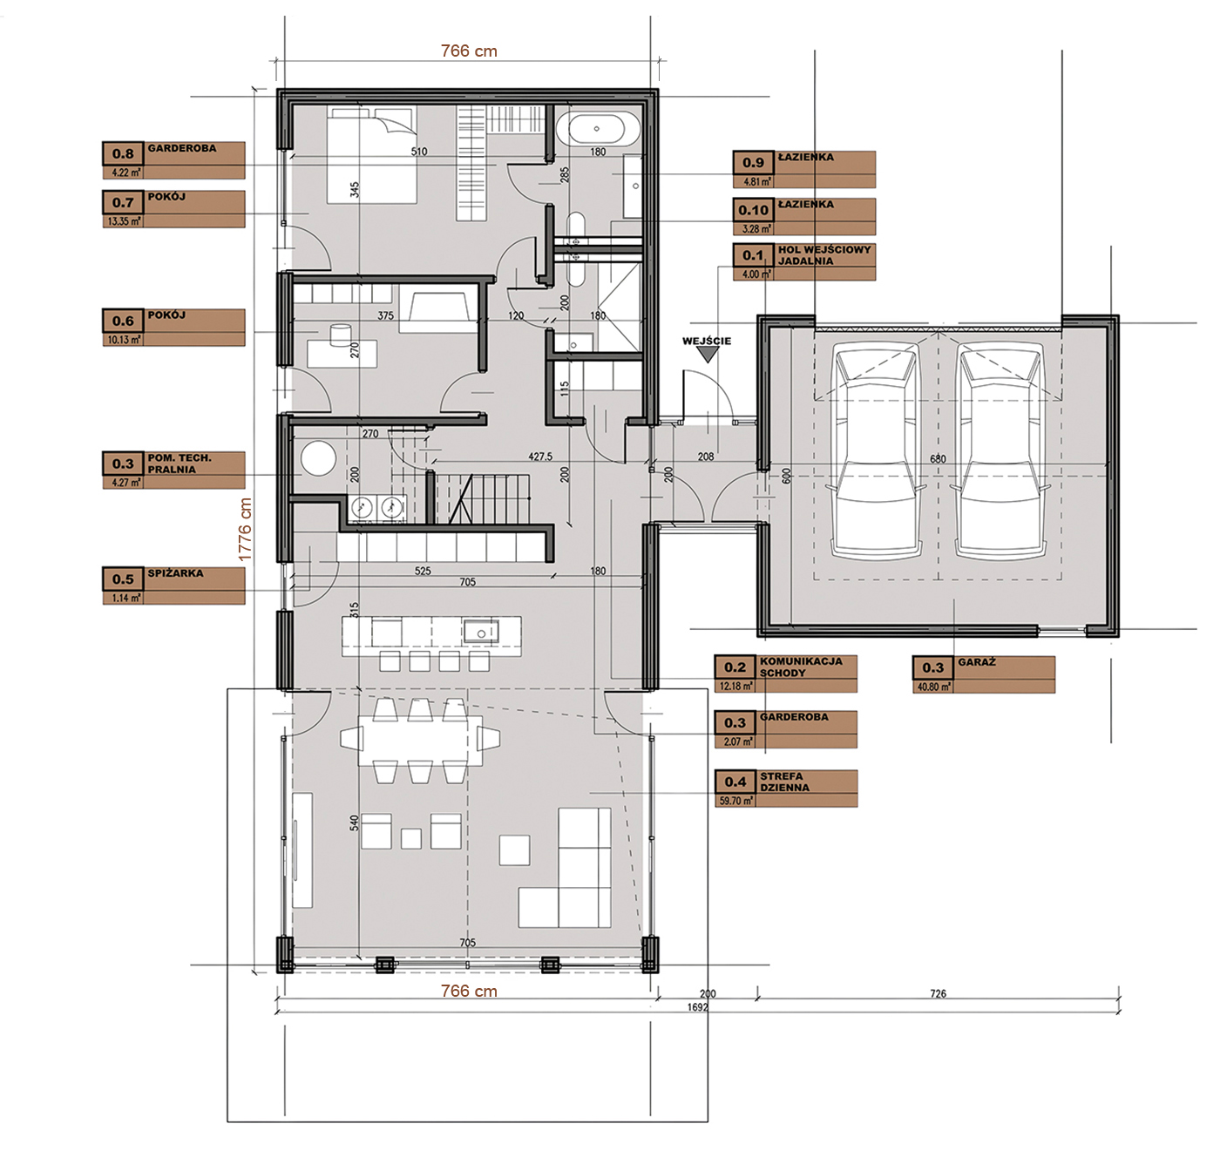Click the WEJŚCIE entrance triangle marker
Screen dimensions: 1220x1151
[x=708, y=355]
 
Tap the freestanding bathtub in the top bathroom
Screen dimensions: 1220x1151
[x=597, y=129]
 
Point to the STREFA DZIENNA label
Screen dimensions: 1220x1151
[x=784, y=782]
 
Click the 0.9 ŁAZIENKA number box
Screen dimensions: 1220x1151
[x=753, y=163]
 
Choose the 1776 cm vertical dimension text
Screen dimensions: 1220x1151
[x=245, y=529]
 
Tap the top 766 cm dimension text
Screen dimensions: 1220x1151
[x=469, y=51]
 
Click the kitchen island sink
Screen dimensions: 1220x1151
[x=481, y=632]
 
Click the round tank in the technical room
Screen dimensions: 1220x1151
[x=319, y=458]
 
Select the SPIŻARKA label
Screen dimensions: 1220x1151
[x=175, y=573]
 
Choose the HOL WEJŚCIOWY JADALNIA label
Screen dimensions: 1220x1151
[x=824, y=255]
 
